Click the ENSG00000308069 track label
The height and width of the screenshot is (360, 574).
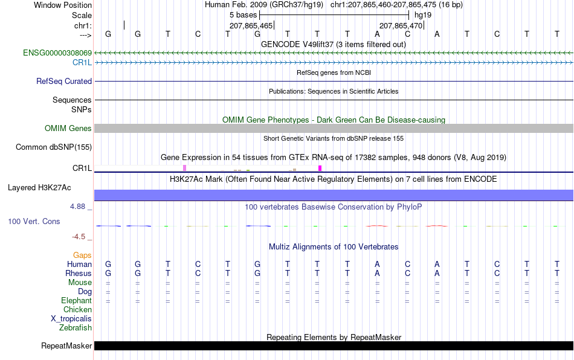tap(57, 53)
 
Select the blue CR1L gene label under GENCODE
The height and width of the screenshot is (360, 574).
tap(82, 62)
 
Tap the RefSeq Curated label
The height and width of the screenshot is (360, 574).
tap(64, 81)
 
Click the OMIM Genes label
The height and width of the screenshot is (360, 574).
tap(68, 129)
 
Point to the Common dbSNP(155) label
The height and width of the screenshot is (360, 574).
tap(54, 147)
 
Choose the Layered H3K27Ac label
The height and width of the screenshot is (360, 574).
tap(39, 188)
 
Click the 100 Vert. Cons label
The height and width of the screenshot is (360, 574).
tap(34, 221)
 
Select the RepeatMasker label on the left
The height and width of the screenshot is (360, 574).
tap(66, 346)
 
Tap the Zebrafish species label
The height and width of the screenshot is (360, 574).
tap(76, 328)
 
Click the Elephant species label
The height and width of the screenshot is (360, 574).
tap(77, 300)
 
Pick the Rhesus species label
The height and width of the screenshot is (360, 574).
tap(79, 273)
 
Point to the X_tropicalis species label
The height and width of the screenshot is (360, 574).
tap(71, 319)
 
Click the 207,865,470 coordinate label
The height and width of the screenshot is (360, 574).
tap(401, 25)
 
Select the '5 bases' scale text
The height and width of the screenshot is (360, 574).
tap(243, 15)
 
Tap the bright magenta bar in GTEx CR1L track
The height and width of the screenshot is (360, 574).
tap(320, 169)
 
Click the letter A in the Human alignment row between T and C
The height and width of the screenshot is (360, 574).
tap(377, 264)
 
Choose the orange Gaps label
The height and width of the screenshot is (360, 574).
tap(82, 255)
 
